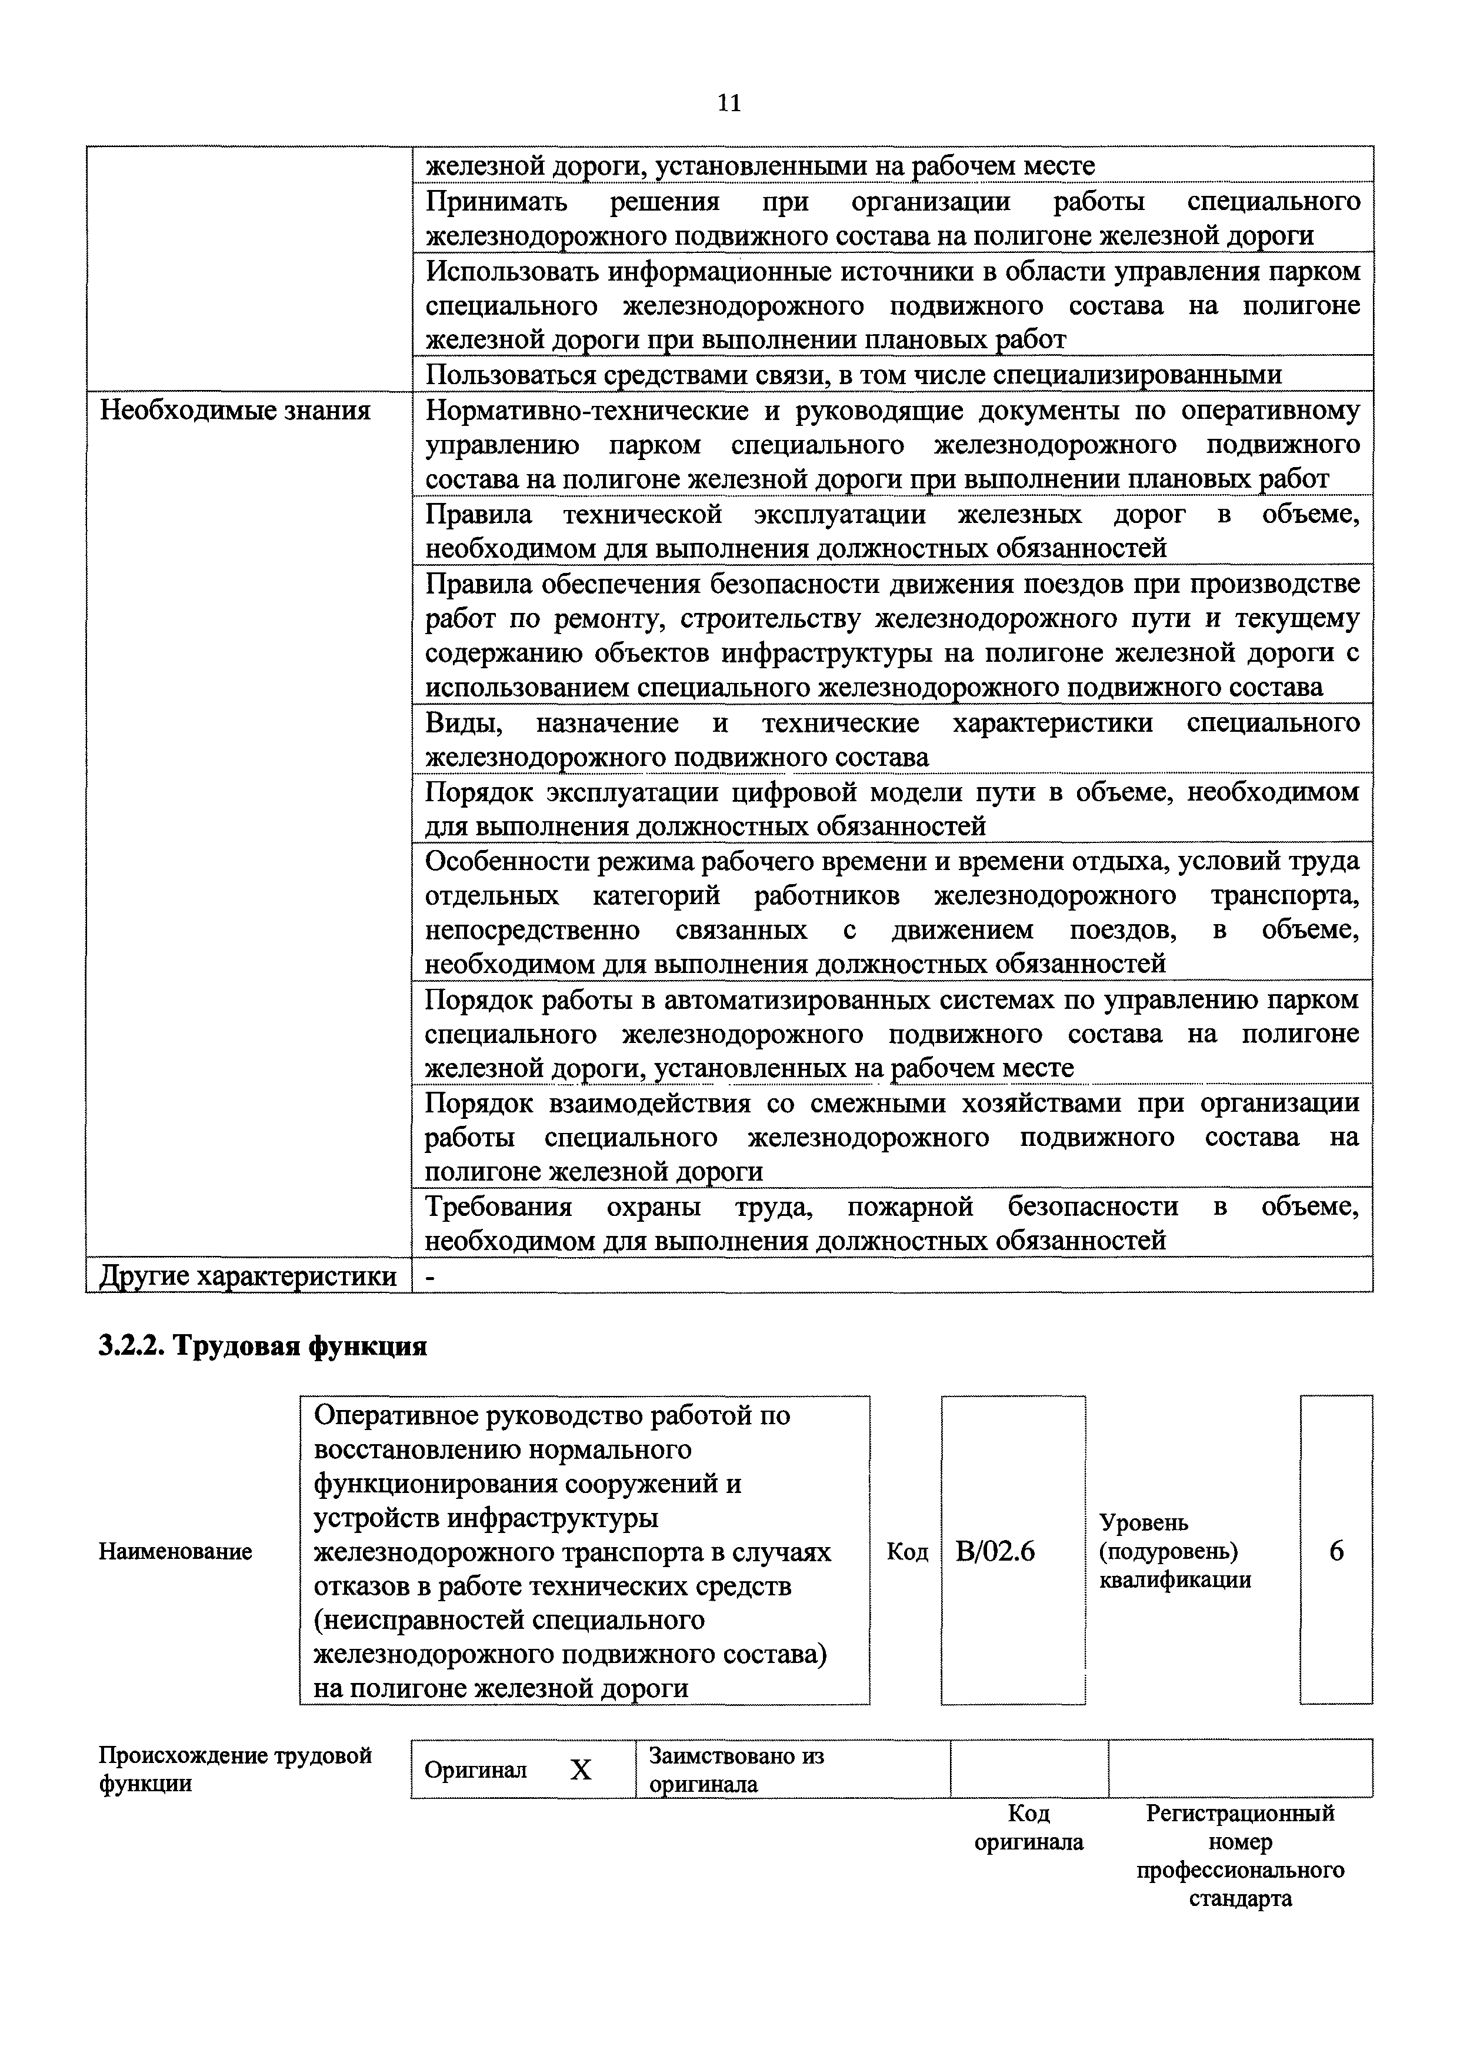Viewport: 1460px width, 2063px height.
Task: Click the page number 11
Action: point(729,104)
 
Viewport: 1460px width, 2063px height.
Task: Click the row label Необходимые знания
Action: point(235,411)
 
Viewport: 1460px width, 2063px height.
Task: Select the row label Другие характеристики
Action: point(248,1275)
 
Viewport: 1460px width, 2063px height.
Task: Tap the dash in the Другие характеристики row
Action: point(430,1275)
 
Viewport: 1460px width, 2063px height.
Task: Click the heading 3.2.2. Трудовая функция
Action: point(262,1347)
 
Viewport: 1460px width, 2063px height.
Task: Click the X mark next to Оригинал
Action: point(581,1770)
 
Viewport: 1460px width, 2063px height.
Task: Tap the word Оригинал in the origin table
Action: point(475,1770)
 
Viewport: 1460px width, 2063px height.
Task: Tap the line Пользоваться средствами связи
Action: point(852,375)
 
